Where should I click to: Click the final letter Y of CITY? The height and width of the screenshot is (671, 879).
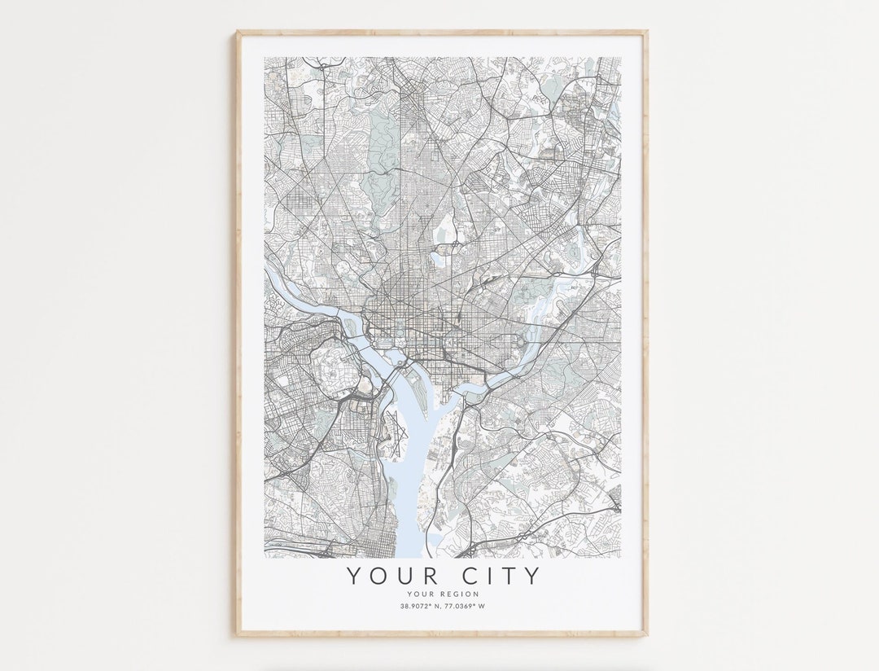tap(531, 576)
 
